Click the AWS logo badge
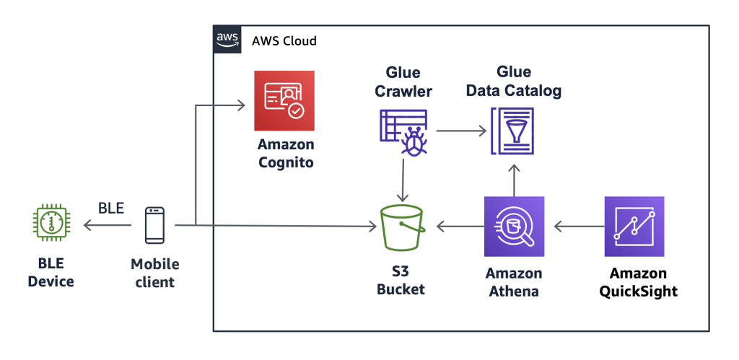click(x=227, y=39)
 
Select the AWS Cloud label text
click(x=284, y=40)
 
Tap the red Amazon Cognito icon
click(x=284, y=100)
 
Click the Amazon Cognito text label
click(x=285, y=154)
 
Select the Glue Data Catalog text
click(x=513, y=82)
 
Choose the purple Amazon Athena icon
click(x=514, y=227)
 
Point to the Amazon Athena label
click(x=514, y=281)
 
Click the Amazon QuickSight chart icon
click(x=634, y=227)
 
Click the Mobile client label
click(x=154, y=273)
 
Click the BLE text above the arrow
click(x=110, y=209)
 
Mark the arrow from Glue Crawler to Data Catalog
click(x=461, y=131)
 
